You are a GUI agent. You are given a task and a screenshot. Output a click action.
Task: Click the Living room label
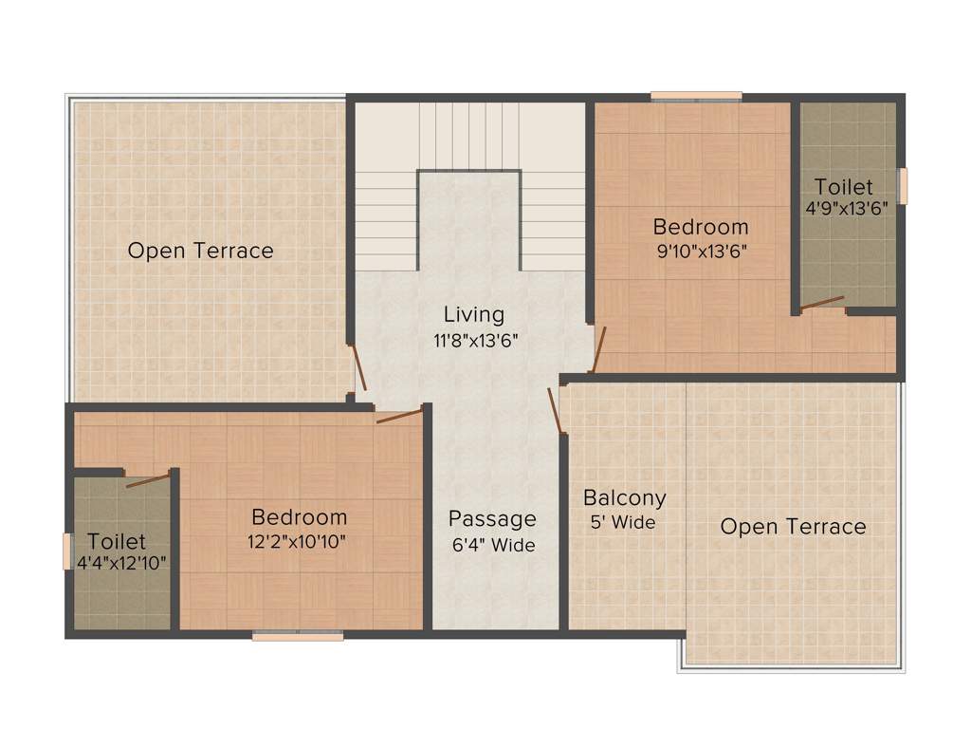(x=474, y=314)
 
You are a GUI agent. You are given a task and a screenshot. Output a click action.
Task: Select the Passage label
(x=492, y=519)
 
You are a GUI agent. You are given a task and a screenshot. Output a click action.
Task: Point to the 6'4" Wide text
(x=493, y=546)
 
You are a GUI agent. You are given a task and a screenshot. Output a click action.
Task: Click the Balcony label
(x=624, y=497)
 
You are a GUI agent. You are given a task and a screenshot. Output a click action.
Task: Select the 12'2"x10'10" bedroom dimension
(x=299, y=542)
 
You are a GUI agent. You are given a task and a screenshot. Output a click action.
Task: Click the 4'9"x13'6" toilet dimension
(x=845, y=209)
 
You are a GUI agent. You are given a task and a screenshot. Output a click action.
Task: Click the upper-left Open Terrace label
(x=200, y=252)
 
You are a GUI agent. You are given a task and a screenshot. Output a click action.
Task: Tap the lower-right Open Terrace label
(x=793, y=527)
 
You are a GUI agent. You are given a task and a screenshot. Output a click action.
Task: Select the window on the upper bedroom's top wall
(x=696, y=96)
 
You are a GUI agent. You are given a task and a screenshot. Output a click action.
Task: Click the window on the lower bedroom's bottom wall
(x=298, y=636)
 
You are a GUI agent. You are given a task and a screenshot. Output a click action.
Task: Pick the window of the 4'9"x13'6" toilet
(x=903, y=185)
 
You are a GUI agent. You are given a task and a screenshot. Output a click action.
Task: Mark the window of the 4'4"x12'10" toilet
(x=67, y=551)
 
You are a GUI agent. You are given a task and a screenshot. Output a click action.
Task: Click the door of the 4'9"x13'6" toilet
(x=821, y=304)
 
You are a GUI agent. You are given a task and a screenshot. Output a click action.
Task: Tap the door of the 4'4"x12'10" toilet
(x=148, y=477)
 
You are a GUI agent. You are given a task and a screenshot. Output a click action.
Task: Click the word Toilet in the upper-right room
(x=844, y=187)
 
